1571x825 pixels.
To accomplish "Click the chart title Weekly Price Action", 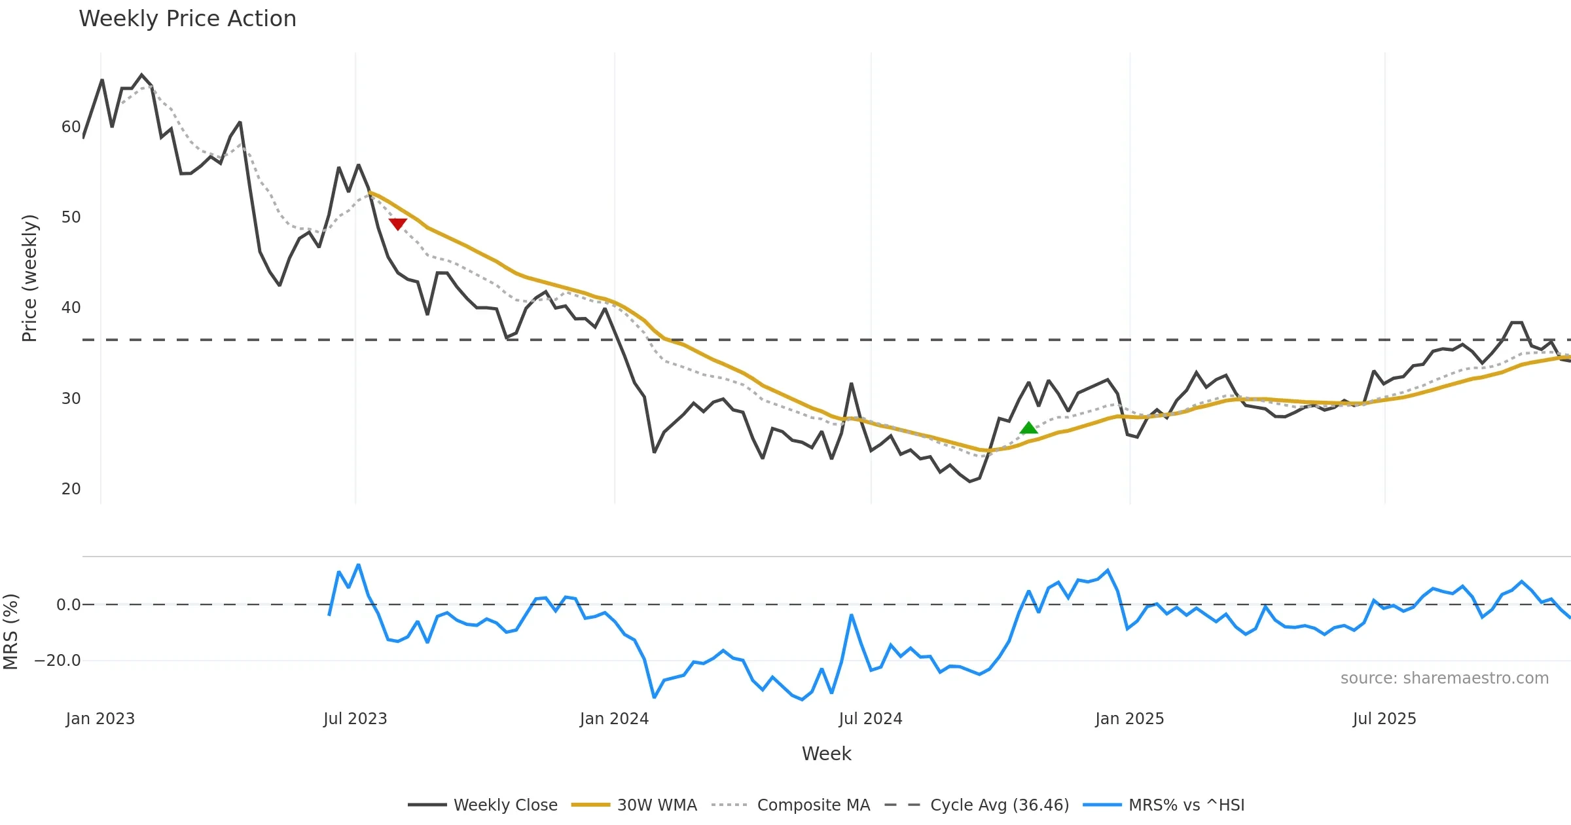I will (187, 19).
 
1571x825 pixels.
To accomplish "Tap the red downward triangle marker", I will (397, 224).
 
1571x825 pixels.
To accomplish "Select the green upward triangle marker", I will (1028, 428).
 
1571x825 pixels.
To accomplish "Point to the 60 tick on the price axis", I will (71, 127).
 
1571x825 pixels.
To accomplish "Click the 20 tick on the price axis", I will (71, 489).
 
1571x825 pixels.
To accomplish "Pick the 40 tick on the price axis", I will (71, 308).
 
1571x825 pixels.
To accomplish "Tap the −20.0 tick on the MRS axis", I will (58, 661).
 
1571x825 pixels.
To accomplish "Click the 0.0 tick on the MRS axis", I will (68, 605).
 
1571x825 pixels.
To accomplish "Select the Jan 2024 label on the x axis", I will (614, 719).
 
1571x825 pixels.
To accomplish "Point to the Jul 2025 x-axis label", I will (1384, 719).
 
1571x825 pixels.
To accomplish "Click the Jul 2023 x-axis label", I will (355, 719).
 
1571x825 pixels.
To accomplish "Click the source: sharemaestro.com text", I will (1444, 678).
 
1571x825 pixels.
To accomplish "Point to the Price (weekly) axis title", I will (29, 278).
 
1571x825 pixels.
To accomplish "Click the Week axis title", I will (826, 754).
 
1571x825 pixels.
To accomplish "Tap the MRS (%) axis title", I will (11, 632).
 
